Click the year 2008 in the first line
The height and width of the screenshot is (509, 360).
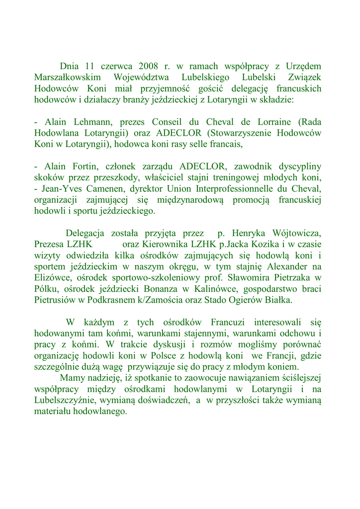(x=149, y=66)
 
